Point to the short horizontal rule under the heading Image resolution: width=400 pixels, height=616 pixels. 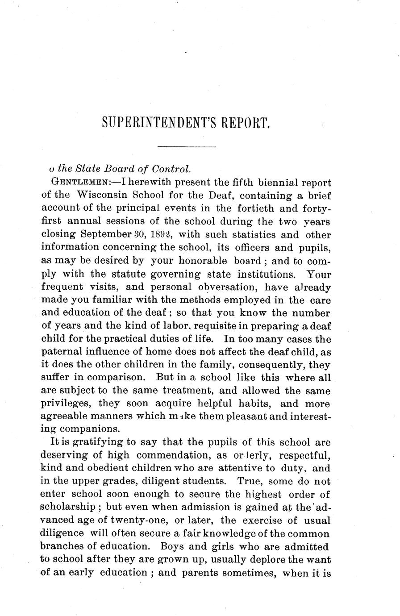187,146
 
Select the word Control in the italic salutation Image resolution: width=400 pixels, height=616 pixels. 171,169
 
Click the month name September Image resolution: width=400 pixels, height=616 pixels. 106,234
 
